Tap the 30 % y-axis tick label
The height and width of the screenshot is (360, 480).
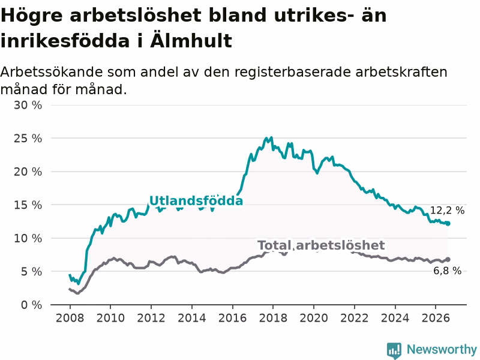coord(28,106)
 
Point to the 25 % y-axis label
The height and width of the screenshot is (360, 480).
coord(28,139)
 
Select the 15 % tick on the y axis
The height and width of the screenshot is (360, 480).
coord(28,205)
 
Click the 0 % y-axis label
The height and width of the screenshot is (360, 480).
coord(31,305)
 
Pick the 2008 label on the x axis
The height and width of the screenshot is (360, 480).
coord(70,318)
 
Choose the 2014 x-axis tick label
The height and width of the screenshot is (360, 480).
coord(191,318)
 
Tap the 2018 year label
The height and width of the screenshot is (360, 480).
coord(273,318)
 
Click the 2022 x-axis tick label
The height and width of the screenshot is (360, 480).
coord(355,318)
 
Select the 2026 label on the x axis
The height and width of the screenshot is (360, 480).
coord(436,318)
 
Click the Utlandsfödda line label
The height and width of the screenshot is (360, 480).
coord(196,201)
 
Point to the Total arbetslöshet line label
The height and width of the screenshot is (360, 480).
coord(321,245)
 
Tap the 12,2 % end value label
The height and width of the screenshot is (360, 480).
coord(447,211)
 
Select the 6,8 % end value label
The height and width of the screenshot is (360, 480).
coord(447,271)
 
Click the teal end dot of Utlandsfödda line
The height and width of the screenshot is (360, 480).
coord(448,223)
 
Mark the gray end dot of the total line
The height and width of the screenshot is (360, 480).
coord(448,259)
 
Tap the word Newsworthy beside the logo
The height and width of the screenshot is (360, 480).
coord(442,349)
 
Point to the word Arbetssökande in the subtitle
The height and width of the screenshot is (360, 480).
coord(52,72)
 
